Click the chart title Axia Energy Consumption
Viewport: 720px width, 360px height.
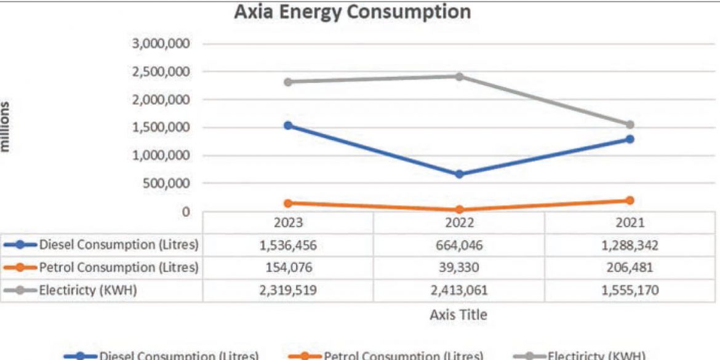pyautogui.click(x=352, y=12)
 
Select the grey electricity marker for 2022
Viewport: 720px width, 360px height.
pyautogui.click(x=459, y=76)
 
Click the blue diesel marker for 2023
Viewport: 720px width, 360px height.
pyautogui.click(x=287, y=126)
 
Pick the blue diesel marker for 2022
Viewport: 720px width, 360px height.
pyautogui.click(x=459, y=174)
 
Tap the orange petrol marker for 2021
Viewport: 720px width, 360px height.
pyautogui.click(x=630, y=201)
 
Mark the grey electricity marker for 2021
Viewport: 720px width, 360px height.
pyautogui.click(x=630, y=125)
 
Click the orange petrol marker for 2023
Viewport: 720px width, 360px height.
pyautogui.click(x=287, y=203)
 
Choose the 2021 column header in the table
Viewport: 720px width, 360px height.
pyautogui.click(x=629, y=223)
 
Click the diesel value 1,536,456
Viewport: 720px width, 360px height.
pyautogui.click(x=288, y=246)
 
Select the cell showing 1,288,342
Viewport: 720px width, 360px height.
pyautogui.click(x=629, y=246)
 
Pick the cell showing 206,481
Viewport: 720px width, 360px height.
pyautogui.click(x=629, y=268)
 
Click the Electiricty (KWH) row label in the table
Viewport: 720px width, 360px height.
pyautogui.click(x=87, y=290)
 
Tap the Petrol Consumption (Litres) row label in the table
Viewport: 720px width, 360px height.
pyautogui.click(x=119, y=268)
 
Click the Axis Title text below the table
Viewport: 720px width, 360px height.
pyautogui.click(x=458, y=315)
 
